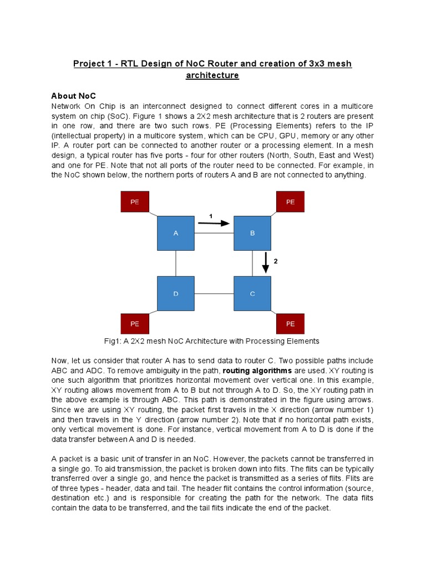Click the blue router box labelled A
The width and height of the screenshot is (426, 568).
coord(176,234)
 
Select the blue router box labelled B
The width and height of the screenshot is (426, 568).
coord(252,234)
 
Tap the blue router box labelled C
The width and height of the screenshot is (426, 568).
coord(252,293)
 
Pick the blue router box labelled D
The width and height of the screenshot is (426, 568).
coord(176,293)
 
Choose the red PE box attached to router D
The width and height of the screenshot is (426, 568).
coord(135,323)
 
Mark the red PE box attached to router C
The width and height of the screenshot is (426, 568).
coord(290,323)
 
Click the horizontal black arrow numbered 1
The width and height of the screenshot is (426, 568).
coord(214,224)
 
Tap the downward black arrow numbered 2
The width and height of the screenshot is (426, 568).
coord(266,262)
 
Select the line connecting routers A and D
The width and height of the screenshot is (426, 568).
coord(176,263)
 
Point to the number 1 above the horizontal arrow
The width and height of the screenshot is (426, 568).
coord(211,215)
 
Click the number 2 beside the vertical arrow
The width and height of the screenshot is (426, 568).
coord(276,261)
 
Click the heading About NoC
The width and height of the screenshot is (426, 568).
coord(74,96)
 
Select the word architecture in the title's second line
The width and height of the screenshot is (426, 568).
coord(212,75)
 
